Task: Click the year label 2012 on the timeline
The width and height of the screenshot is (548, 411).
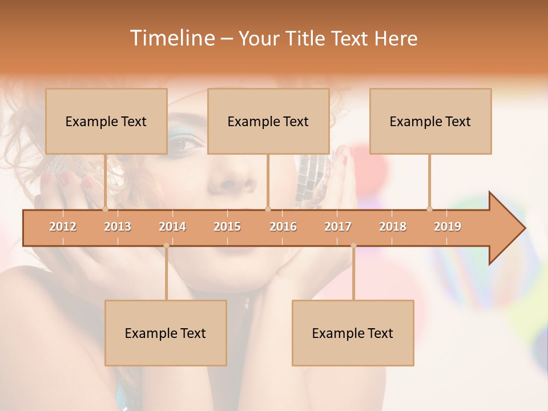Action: tap(63, 227)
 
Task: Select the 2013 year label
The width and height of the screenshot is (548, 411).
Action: tap(118, 227)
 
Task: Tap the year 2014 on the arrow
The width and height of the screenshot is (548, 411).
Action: tap(172, 227)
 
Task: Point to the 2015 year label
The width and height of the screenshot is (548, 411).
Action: tap(227, 227)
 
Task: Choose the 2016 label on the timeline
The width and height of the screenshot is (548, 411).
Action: tap(283, 227)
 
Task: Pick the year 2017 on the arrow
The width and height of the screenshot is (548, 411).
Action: tap(338, 227)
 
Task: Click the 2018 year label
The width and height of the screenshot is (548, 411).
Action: tap(393, 227)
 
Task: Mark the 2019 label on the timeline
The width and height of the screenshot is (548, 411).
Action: tap(448, 227)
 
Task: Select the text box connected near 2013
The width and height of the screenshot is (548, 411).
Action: tap(106, 121)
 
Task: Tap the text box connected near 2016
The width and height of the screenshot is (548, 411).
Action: tap(268, 121)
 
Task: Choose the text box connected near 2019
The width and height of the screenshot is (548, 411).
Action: tap(430, 121)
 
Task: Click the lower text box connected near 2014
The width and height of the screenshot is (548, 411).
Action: tap(166, 333)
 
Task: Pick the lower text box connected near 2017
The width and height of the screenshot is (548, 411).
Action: tap(353, 333)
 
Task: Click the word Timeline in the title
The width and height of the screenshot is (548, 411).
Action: tap(171, 38)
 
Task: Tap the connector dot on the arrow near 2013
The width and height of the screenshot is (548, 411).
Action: tap(105, 209)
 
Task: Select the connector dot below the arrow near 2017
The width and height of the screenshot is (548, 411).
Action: tap(353, 245)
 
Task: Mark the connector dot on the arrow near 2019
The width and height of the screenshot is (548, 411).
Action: tap(429, 209)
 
